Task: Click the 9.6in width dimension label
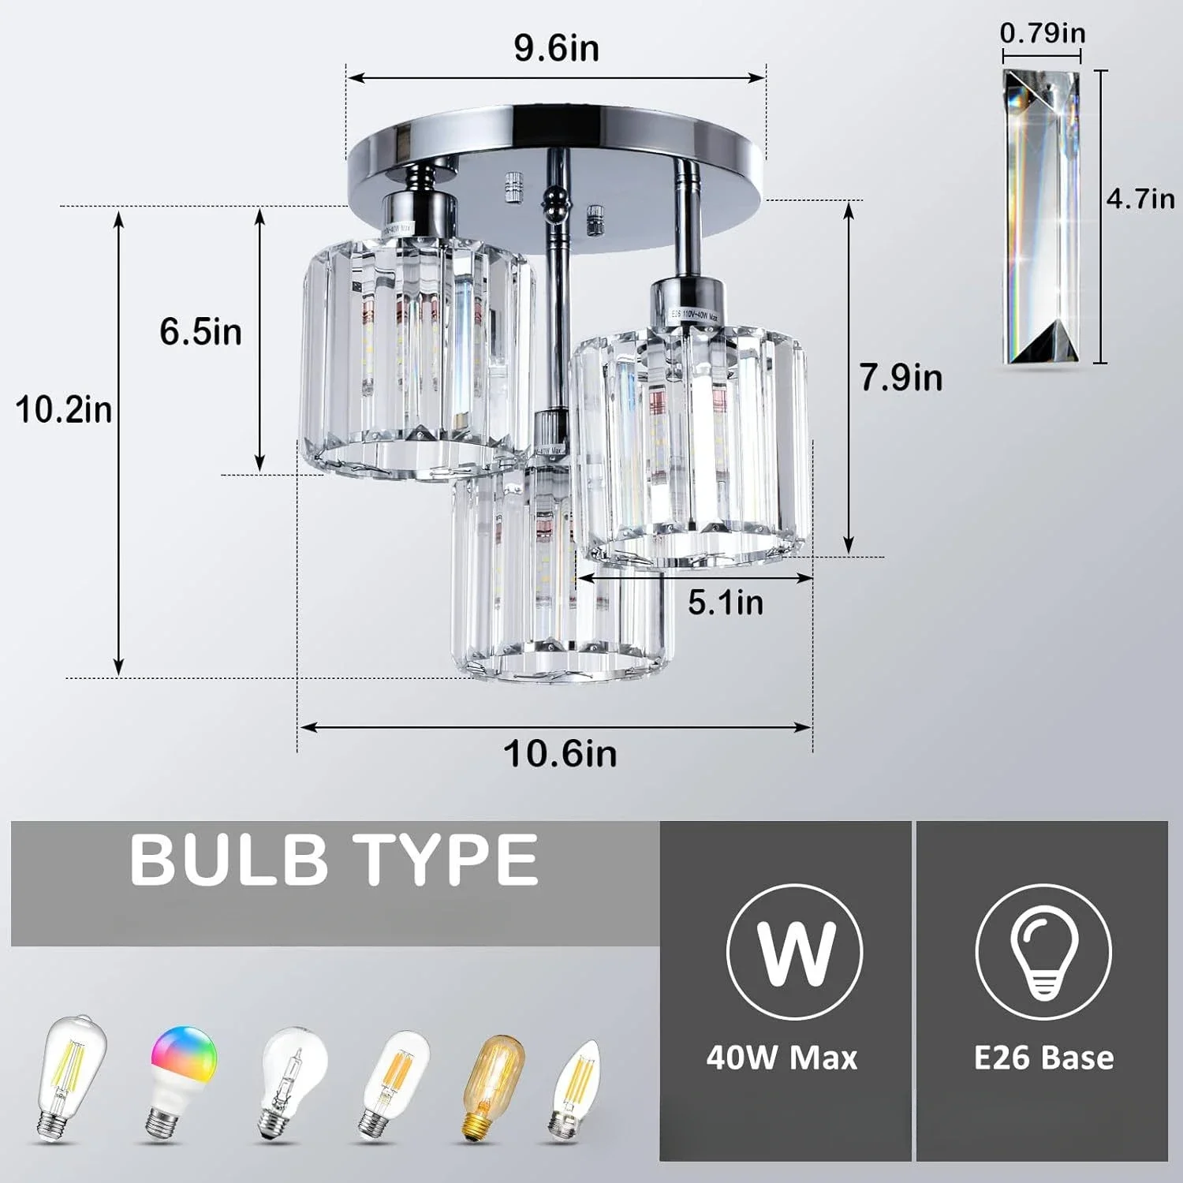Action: pyautogui.click(x=557, y=48)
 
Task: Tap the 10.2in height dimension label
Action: pyautogui.click(x=64, y=410)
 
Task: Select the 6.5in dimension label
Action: pyautogui.click(x=200, y=331)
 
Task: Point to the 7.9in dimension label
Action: pyautogui.click(x=901, y=377)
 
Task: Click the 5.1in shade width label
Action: pyautogui.click(x=726, y=603)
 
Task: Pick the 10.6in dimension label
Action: pyautogui.click(x=560, y=753)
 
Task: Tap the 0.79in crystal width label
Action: pyautogui.click(x=1042, y=33)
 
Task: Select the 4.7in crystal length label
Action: pyautogui.click(x=1140, y=199)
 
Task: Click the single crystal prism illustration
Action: pyautogui.click(x=1041, y=217)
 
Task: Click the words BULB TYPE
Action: pyautogui.click(x=334, y=860)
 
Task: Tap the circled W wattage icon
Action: pyautogui.click(x=794, y=950)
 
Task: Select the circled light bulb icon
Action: pyautogui.click(x=1043, y=950)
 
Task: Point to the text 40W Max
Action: pyautogui.click(x=782, y=1058)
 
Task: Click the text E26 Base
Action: pyautogui.click(x=1043, y=1058)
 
